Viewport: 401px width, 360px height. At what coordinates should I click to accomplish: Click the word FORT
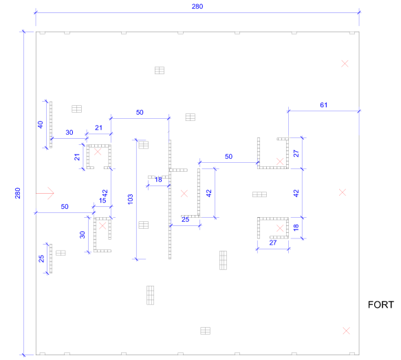coord(381,304)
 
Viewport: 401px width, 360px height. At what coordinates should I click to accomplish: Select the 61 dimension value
coord(323,104)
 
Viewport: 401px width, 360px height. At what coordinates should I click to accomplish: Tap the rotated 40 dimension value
coord(41,124)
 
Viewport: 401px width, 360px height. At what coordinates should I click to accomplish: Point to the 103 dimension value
coord(130,199)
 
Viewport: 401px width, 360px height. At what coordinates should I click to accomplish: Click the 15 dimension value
coord(102,201)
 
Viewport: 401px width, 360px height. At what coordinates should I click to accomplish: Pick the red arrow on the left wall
coord(45,193)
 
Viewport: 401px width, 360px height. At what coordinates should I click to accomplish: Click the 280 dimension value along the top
coord(197,6)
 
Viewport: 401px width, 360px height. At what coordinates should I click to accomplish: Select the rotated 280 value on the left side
coord(17,193)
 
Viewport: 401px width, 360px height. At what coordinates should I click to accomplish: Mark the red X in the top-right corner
coord(345,64)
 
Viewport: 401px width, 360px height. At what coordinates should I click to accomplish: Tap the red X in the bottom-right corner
coord(346,330)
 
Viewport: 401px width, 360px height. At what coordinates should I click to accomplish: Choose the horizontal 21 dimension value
coord(99,128)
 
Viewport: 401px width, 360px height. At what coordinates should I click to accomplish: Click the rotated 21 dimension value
coord(77,157)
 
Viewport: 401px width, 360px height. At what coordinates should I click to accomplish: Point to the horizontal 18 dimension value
coord(158,179)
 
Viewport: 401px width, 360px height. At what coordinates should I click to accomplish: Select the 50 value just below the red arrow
coord(65,206)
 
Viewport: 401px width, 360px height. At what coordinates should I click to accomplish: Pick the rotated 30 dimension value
coord(82,234)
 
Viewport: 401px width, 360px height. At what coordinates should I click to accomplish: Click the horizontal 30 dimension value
coord(69,132)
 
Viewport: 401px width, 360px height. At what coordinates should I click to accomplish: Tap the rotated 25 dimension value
coord(41,258)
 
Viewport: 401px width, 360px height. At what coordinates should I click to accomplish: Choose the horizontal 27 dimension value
coord(273,243)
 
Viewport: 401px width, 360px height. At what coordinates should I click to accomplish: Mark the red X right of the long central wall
coord(184,194)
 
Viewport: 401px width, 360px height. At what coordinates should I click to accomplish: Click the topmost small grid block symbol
coord(160,70)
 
